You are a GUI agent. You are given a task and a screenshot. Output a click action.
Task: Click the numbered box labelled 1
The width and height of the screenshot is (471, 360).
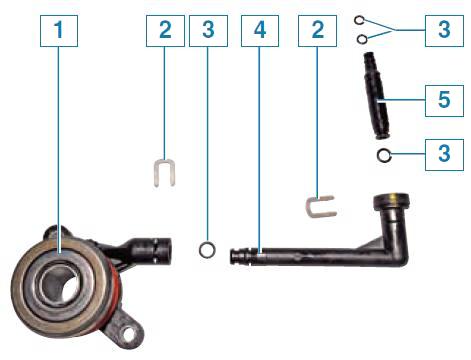click(59, 31)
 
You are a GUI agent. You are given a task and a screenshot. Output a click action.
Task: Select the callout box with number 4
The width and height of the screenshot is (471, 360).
click(260, 31)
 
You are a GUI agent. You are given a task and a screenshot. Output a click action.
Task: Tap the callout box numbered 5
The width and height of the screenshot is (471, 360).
click(444, 101)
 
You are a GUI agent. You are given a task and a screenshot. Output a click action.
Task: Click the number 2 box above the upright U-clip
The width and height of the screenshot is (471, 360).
click(165, 31)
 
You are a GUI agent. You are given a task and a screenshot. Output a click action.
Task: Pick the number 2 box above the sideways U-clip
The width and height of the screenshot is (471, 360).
click(317, 31)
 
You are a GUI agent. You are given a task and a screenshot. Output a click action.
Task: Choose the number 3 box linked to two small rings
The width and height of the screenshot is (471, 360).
click(444, 31)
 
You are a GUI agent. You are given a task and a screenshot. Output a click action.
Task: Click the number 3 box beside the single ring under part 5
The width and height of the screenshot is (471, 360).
click(444, 155)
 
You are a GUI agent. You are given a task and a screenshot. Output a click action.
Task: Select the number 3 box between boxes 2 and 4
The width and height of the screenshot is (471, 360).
click(208, 31)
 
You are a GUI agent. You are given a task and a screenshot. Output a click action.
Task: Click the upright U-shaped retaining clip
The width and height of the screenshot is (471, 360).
click(156, 173)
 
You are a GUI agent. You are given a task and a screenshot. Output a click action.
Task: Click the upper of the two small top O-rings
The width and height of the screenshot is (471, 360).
click(359, 21)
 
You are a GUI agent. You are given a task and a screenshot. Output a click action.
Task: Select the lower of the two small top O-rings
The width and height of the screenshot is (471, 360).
click(362, 40)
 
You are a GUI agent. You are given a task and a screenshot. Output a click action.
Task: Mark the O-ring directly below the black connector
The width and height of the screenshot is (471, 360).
click(384, 155)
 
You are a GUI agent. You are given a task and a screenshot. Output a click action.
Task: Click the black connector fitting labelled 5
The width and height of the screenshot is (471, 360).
click(379, 96)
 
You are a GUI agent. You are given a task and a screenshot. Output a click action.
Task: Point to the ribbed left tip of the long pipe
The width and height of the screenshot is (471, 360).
click(239, 257)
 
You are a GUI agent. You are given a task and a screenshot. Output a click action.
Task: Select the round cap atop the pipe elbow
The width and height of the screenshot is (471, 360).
click(391, 201)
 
